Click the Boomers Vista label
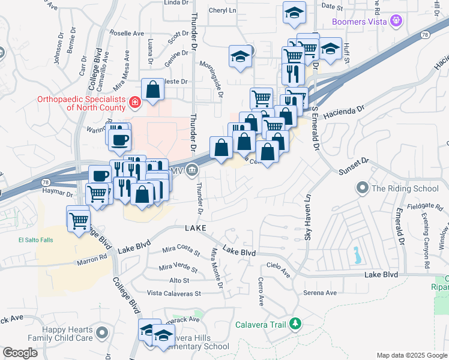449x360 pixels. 360,23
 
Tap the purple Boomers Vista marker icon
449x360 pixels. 396,23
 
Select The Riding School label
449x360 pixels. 405,188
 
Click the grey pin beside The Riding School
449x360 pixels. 362,188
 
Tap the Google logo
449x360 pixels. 20,353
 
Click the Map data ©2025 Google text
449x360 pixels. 411,355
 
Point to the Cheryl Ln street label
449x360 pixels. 222,10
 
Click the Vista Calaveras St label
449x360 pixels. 174,293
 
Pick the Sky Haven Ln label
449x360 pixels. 308,218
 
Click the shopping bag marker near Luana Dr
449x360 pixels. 153,89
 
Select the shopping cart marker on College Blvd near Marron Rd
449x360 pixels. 79,220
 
